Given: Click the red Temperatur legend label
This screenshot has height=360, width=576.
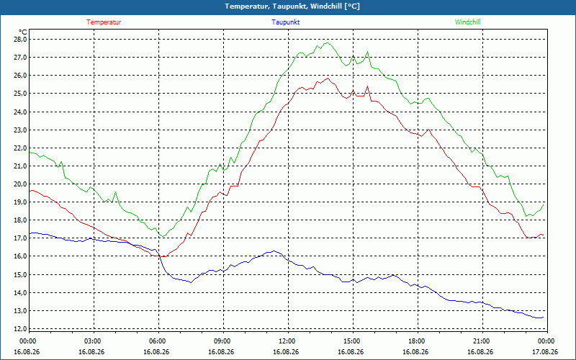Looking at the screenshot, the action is (x=104, y=22).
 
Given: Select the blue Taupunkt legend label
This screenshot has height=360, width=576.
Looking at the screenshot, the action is (x=285, y=22).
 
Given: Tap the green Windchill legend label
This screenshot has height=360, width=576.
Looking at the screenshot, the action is (x=467, y=22).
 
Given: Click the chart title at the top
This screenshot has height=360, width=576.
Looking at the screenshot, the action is (x=292, y=6).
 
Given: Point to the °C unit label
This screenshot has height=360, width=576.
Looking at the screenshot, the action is (x=23, y=32).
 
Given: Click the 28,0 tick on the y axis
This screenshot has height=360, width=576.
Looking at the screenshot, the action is (x=20, y=40).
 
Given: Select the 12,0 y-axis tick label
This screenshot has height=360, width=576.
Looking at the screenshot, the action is (x=20, y=328).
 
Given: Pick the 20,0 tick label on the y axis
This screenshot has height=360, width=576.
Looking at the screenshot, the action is (x=20, y=184).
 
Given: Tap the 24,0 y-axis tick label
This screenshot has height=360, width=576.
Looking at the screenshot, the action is (x=20, y=112).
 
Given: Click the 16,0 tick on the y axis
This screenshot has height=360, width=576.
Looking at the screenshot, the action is (x=20, y=256).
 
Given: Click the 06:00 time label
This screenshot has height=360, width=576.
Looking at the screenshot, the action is (x=158, y=341).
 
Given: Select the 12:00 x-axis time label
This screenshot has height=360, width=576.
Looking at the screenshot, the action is (x=289, y=341).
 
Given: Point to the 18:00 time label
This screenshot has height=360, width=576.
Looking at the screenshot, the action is (x=418, y=341).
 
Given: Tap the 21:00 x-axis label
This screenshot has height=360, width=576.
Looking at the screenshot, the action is (x=482, y=341).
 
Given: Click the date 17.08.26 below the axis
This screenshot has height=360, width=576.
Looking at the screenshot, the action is (x=545, y=351).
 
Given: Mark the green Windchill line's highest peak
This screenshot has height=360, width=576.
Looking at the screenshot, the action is (x=327, y=43).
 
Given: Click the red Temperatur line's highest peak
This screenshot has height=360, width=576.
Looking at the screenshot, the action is (x=328, y=78).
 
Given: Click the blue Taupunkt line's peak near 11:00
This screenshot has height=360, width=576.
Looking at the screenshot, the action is (x=274, y=251).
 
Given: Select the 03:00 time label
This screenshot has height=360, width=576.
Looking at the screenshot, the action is (x=94, y=341).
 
